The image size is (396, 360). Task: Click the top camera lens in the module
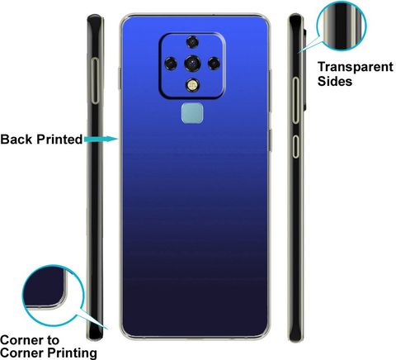(x=192, y=42)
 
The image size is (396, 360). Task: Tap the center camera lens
(x=192, y=64)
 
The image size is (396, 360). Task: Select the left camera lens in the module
(x=171, y=64)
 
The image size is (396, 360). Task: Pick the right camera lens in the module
(x=214, y=64)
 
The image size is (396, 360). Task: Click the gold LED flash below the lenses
(x=192, y=85)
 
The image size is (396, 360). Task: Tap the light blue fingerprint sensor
(x=192, y=113)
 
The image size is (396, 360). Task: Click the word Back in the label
(x=16, y=140)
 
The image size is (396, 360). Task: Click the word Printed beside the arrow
(x=59, y=140)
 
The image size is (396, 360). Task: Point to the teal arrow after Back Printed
(x=101, y=139)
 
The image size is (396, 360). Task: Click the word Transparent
(x=356, y=67)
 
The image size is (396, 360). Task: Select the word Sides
(x=335, y=82)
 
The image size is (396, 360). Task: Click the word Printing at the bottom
(x=72, y=353)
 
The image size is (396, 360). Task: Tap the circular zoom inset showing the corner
(x=53, y=296)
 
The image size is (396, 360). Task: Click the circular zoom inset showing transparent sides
(x=342, y=26)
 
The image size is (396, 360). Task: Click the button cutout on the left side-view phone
(x=95, y=81)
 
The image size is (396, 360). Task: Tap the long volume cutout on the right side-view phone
(x=295, y=100)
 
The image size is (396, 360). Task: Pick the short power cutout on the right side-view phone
(x=295, y=147)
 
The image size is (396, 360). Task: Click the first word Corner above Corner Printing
(x=21, y=340)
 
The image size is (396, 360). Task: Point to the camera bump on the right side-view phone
(x=305, y=69)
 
